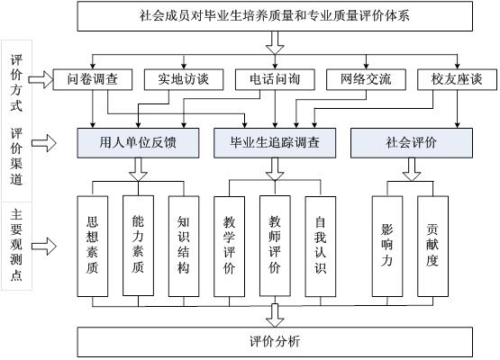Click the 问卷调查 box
click(x=93, y=79)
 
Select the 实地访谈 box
click(x=184, y=79)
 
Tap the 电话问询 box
click(x=275, y=79)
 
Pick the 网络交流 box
click(x=366, y=79)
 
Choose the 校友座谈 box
click(x=457, y=79)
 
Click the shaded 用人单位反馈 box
click(x=138, y=143)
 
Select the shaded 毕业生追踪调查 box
click(x=275, y=143)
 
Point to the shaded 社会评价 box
click(x=412, y=143)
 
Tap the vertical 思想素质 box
click(x=93, y=247)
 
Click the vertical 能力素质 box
click(x=138, y=246)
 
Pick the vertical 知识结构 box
click(x=184, y=247)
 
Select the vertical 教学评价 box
click(x=229, y=247)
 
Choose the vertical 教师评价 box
click(x=275, y=246)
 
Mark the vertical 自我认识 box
click(x=321, y=247)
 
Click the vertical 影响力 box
click(x=387, y=247)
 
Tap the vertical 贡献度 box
click(x=432, y=247)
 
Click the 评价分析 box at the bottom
click(x=275, y=342)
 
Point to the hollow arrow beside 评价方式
click(x=41, y=79)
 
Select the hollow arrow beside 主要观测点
click(x=44, y=247)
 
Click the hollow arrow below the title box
click(x=275, y=42)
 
